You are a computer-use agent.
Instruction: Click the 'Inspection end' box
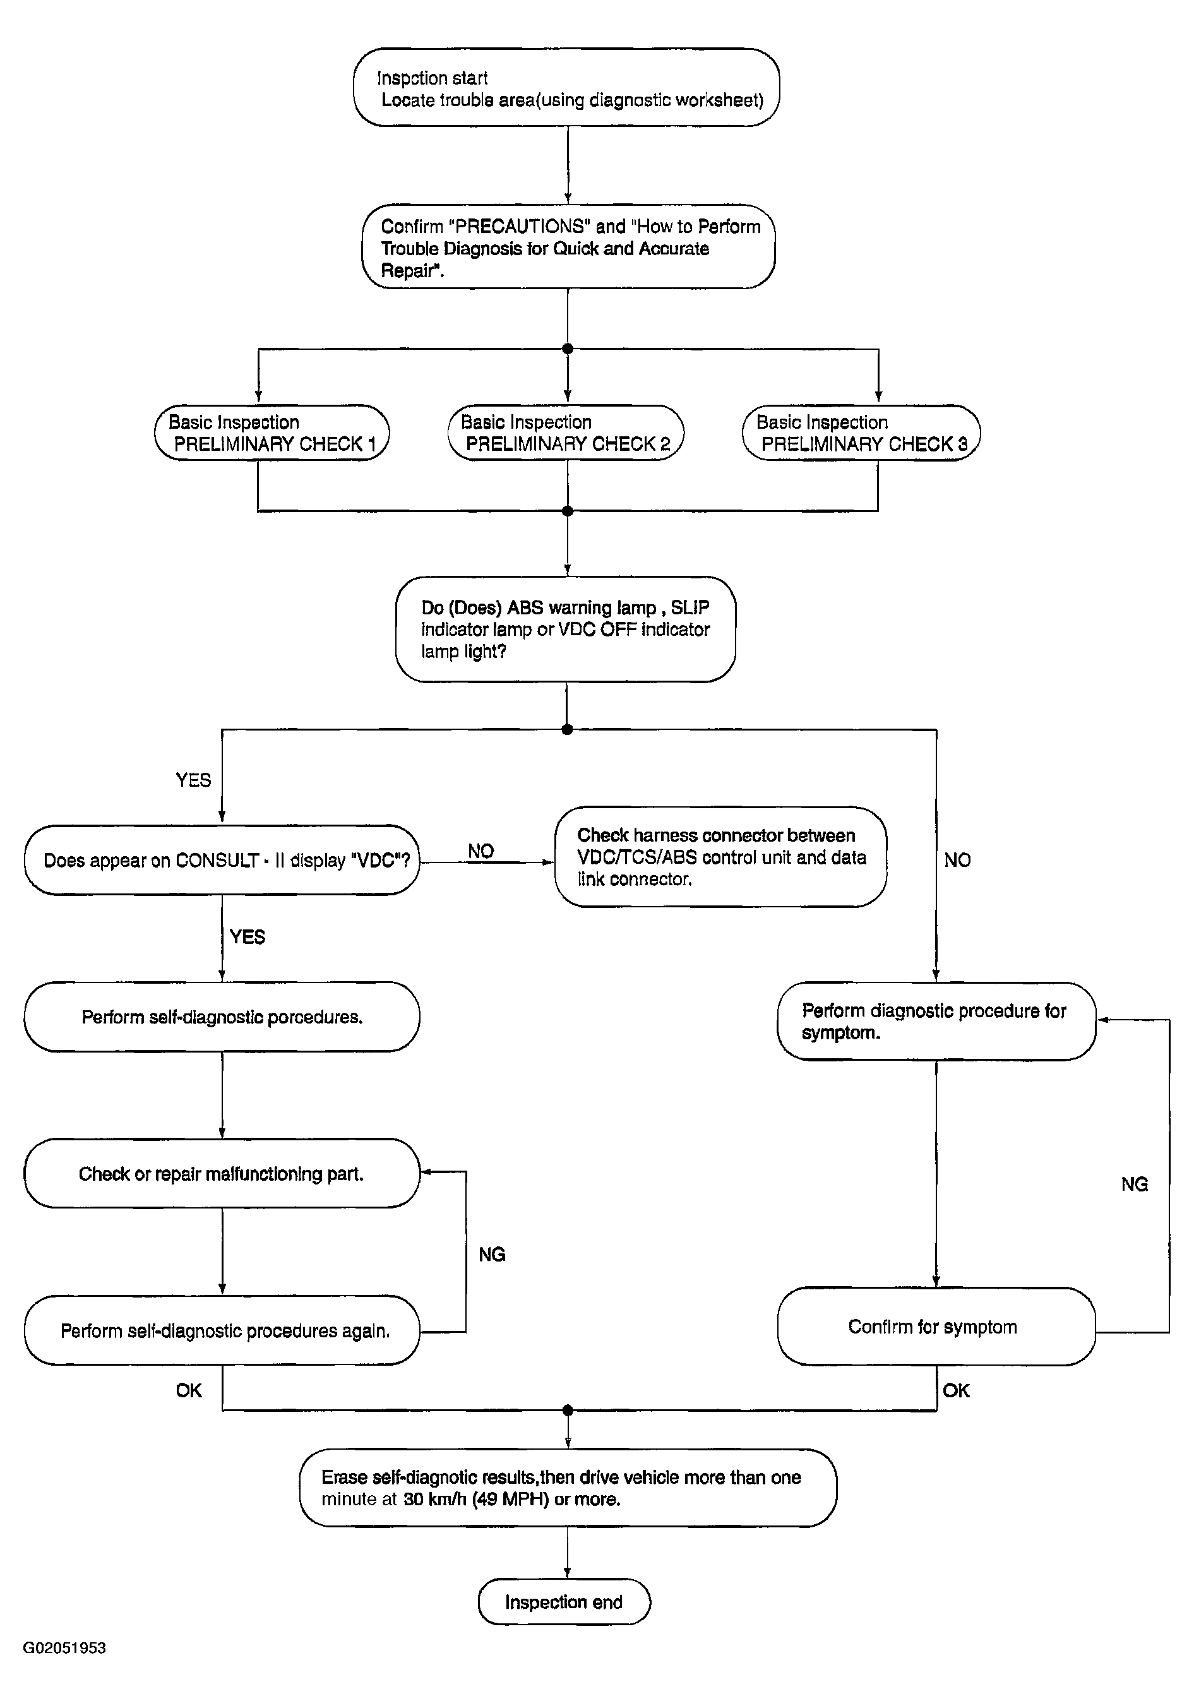pos(564,1602)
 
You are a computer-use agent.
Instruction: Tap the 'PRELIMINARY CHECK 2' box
pos(566,433)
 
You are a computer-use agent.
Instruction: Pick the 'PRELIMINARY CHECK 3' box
pos(861,433)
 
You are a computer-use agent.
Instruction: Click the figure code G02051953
pos(64,1649)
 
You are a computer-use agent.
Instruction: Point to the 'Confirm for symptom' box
pos(936,1326)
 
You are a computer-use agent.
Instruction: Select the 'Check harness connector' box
pos(720,856)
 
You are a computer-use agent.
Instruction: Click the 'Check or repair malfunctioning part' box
pos(222,1174)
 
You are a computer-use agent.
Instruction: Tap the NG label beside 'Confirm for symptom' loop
pos(1135,1184)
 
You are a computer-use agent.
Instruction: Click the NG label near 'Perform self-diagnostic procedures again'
pos(492,1254)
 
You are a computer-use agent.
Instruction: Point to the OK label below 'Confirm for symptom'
pos(956,1390)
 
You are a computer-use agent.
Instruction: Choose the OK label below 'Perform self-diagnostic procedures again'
pos(189,1390)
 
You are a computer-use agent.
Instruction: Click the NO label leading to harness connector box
pos(481,851)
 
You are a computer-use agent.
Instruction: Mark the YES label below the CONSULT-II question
pos(248,937)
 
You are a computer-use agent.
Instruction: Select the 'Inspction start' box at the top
pos(566,87)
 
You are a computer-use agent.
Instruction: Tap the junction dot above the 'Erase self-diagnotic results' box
pos(568,1409)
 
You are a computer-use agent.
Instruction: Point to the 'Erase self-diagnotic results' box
pos(568,1488)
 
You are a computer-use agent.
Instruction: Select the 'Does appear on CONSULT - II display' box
pos(222,860)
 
